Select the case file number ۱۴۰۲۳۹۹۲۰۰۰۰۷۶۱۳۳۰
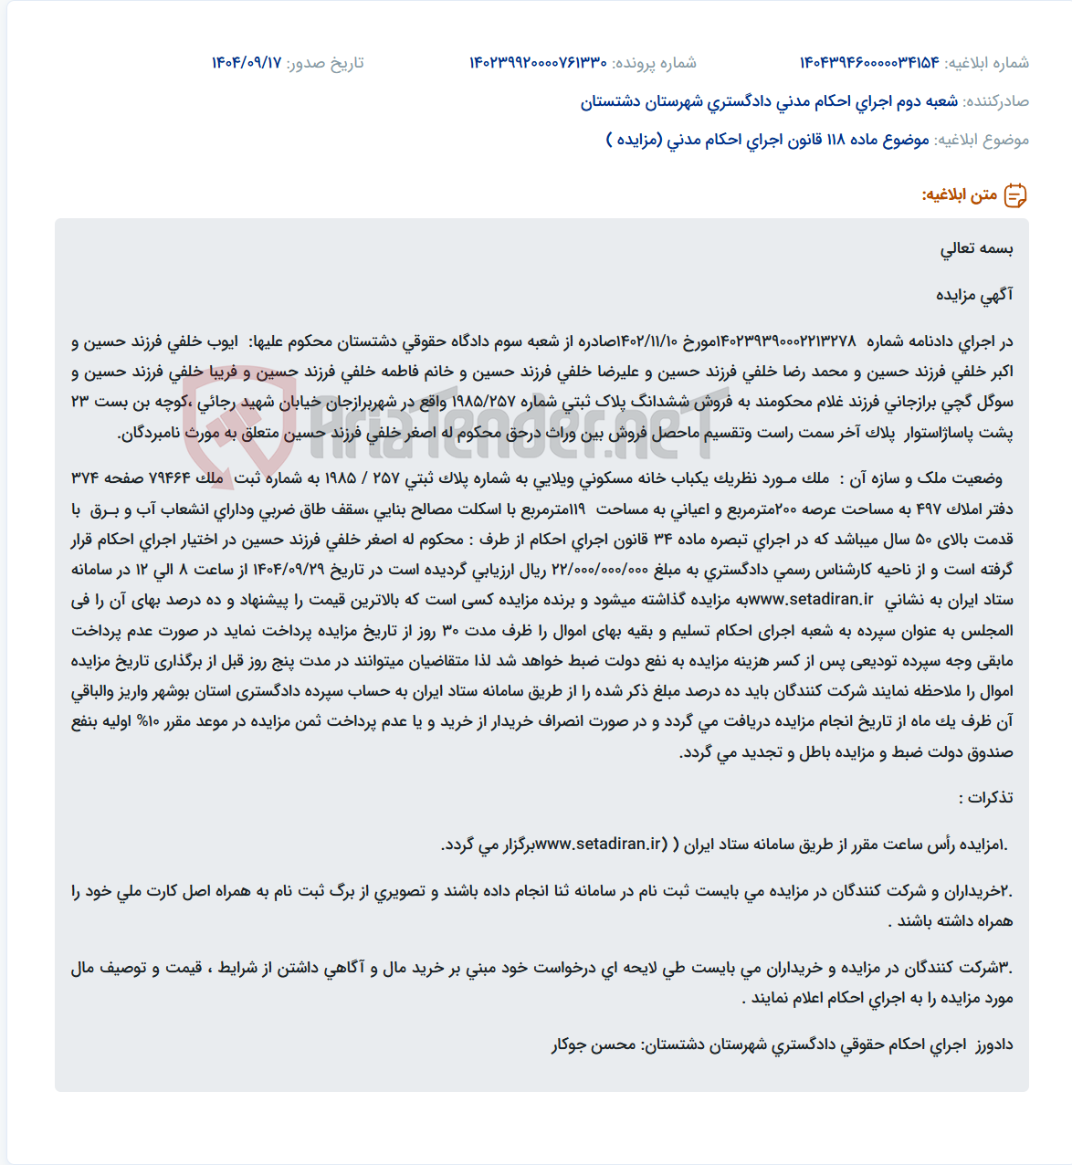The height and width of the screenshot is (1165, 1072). [x=538, y=63]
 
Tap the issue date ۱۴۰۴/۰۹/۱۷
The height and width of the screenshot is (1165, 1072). [x=247, y=63]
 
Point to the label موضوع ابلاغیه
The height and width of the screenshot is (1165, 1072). [x=982, y=140]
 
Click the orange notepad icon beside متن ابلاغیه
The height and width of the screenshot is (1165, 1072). [x=1015, y=195]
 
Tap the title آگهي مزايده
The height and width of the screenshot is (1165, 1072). [x=974, y=295]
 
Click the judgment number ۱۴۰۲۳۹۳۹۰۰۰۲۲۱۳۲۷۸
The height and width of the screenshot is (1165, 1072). [x=786, y=341]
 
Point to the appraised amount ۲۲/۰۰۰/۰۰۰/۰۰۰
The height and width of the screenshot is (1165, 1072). [x=601, y=570]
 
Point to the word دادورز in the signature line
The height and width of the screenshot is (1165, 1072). [x=994, y=1044]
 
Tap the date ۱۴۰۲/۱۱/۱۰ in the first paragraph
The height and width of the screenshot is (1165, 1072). [x=646, y=341]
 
